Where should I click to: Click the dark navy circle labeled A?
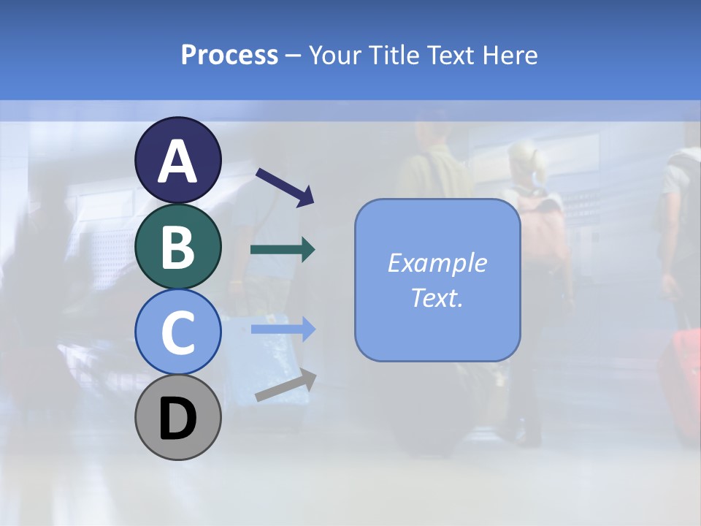177,160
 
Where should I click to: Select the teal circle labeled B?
177,246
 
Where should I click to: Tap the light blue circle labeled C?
177,332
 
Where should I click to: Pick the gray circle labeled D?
177,417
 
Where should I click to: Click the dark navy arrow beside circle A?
285,186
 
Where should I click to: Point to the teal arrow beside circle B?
283,250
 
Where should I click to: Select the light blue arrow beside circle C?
283,329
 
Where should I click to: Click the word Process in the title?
229,56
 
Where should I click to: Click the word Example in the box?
437,263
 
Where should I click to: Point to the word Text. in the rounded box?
437,297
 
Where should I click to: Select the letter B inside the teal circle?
177,247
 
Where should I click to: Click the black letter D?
177,419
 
